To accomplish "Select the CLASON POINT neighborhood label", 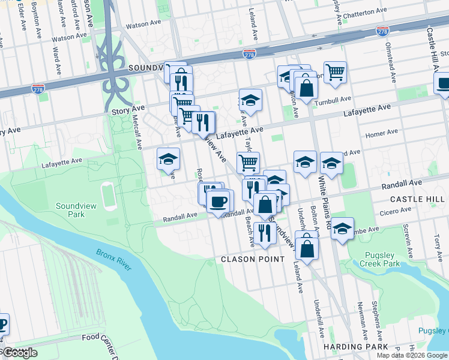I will point(253,259).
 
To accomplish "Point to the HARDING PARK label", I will point(352,347).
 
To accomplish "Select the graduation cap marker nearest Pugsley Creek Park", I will point(342,229).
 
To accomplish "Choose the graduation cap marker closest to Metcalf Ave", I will point(169,158).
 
